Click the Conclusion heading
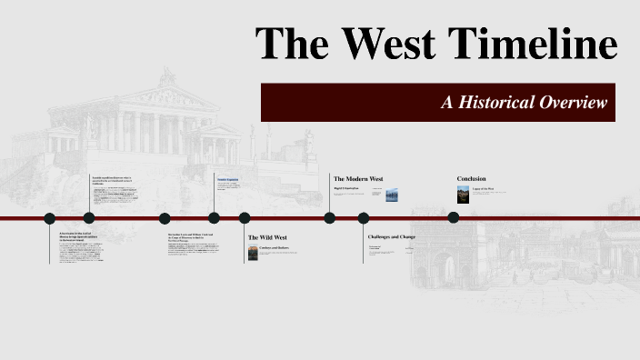point(471,178)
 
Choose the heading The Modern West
point(358,179)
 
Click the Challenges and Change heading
point(392,237)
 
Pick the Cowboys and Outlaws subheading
point(276,247)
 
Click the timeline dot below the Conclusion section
point(453,217)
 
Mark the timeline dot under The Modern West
point(329,217)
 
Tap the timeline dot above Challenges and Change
point(364,217)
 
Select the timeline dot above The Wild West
point(245,217)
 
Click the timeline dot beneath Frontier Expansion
point(214,217)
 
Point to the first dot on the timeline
point(50,217)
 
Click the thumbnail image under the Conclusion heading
point(462,195)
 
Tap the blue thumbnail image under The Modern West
point(392,195)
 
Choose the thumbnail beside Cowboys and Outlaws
point(253,254)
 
